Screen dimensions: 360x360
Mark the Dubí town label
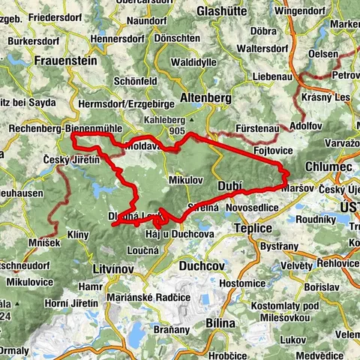(229, 184)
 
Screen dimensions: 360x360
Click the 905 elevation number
(177, 130)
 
